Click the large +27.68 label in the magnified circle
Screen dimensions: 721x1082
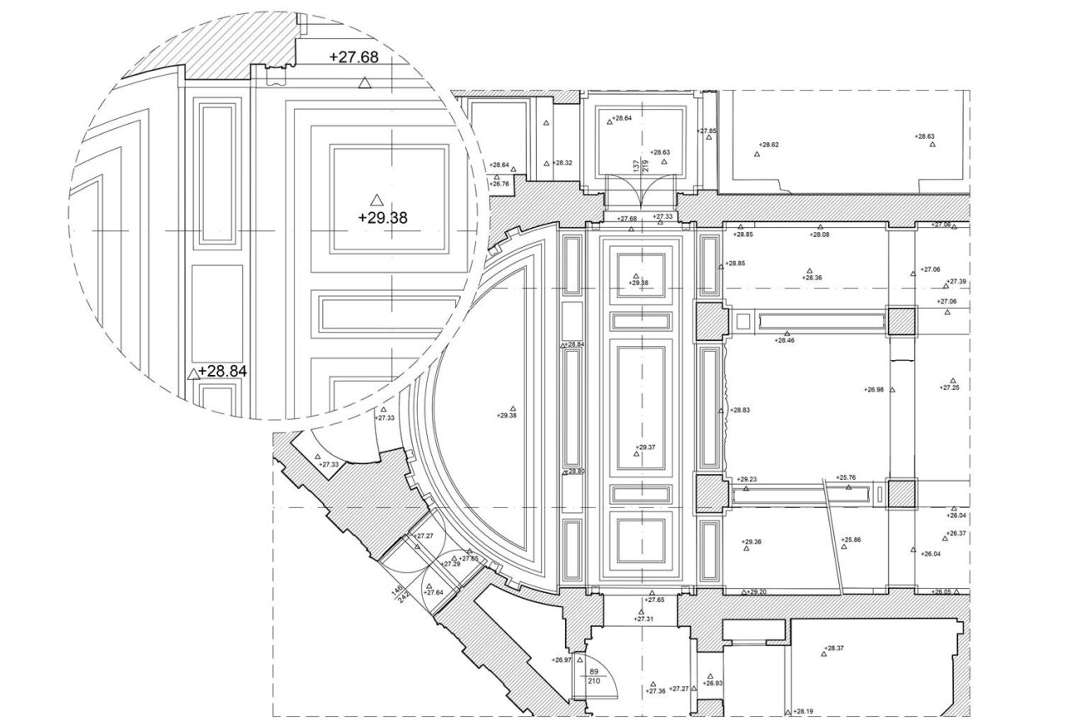pyautogui.click(x=354, y=57)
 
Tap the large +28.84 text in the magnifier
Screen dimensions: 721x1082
pyautogui.click(x=222, y=372)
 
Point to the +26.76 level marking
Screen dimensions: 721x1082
pyautogui.click(x=500, y=184)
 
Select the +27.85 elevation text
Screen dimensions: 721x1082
pyautogui.click(x=707, y=131)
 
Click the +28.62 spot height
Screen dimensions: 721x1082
pyautogui.click(x=768, y=145)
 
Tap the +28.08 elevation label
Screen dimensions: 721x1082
pyautogui.click(x=820, y=235)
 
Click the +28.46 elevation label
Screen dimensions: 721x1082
pyautogui.click(x=784, y=340)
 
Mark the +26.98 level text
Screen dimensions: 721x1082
pyautogui.click(x=874, y=389)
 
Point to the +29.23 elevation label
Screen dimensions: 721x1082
pyautogui.click(x=747, y=479)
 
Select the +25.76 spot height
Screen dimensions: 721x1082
pyautogui.click(x=846, y=477)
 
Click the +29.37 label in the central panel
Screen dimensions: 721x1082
pyautogui.click(x=646, y=447)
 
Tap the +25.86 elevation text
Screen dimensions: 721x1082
pyautogui.click(x=851, y=540)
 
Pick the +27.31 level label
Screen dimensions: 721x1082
pyautogui.click(x=644, y=619)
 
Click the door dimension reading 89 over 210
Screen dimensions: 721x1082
pyautogui.click(x=594, y=675)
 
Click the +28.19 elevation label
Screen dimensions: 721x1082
pyautogui.click(x=803, y=712)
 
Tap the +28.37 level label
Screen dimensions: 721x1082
pyautogui.click(x=834, y=648)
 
